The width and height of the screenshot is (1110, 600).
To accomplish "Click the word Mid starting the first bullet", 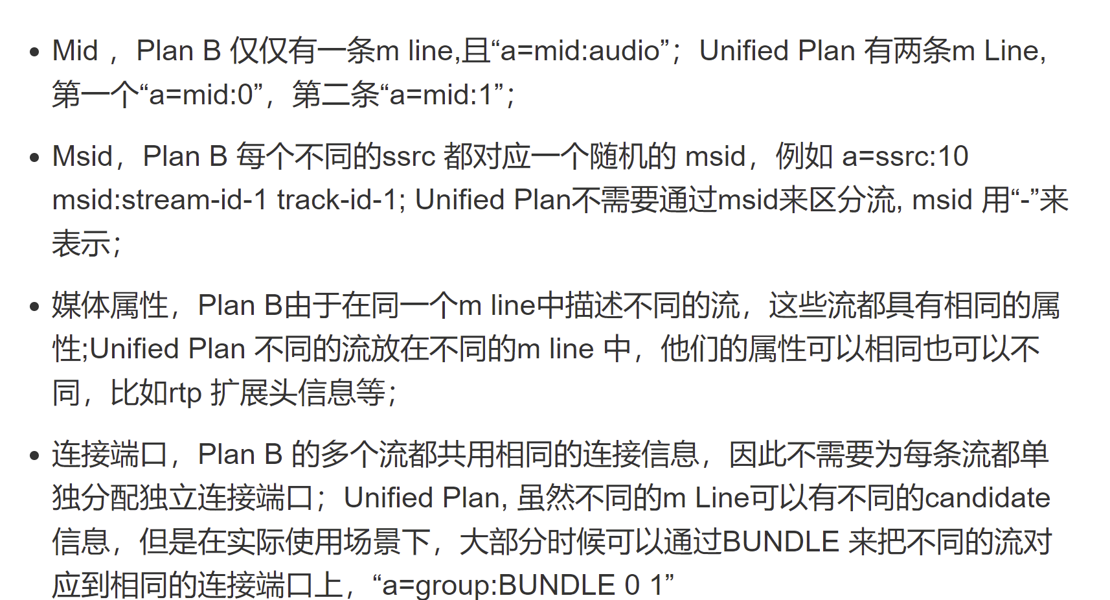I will [x=75, y=51].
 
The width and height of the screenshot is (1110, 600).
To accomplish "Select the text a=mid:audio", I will [x=580, y=51].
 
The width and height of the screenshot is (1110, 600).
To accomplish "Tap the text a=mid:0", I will [x=201, y=95].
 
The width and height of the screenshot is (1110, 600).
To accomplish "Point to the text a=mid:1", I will [x=441, y=95].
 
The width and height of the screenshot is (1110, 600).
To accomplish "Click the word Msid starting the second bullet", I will [x=82, y=157].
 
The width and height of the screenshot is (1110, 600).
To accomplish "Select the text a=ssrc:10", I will [x=905, y=157].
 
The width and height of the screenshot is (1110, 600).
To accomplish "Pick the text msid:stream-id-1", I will [x=159, y=200].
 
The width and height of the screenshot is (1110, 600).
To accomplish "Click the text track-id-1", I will [x=336, y=200].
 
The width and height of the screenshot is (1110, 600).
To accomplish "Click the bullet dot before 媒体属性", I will [x=35, y=306].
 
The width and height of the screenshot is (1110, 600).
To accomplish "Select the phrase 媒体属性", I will [x=110, y=306].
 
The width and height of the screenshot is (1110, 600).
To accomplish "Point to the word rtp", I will [x=185, y=393].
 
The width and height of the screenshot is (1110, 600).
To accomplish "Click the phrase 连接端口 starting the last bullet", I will [x=110, y=455].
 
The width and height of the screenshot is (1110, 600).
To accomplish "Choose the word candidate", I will [x=987, y=498].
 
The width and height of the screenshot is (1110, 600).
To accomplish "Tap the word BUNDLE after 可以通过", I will [x=780, y=542].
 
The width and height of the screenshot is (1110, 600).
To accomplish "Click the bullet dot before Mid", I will [x=35, y=52].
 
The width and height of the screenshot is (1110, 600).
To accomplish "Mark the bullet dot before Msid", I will [x=35, y=158].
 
